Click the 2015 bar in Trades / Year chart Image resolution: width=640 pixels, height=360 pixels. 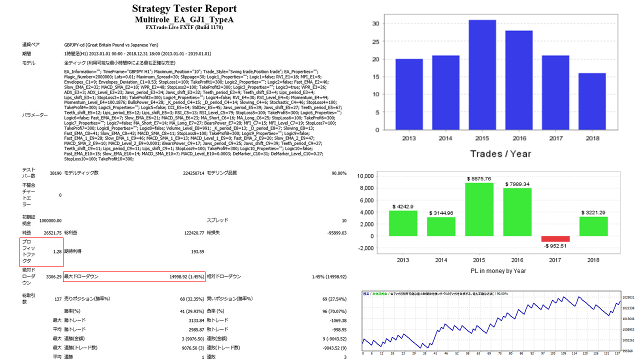[482, 75]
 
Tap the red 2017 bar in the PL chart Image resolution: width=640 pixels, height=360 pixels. [555, 239]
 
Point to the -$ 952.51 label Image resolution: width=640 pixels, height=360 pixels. [555, 246]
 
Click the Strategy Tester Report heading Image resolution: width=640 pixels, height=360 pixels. [184, 9]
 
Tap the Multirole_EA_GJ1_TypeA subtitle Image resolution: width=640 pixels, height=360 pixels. [184, 19]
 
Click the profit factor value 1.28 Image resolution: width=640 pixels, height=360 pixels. [56, 251]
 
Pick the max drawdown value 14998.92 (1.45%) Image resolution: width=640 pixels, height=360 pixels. [185, 276]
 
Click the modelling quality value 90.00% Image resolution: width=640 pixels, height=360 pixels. [338, 173]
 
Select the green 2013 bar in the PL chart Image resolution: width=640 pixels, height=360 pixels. [403, 223]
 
